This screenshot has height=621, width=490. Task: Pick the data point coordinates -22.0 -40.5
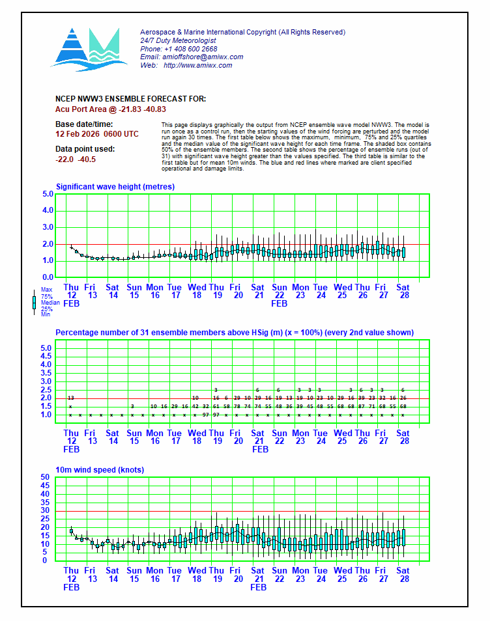click(76, 159)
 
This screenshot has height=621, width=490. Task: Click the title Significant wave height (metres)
click(115, 187)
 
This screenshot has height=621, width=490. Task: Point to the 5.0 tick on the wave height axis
click(48, 194)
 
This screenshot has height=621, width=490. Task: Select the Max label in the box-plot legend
click(46, 290)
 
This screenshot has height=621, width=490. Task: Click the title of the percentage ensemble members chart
click(234, 333)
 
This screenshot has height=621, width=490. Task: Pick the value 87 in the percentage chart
click(362, 406)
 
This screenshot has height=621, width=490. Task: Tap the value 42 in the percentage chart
click(195, 406)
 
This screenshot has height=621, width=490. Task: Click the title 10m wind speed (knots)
click(100, 470)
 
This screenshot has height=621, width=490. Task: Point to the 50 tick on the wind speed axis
click(46, 477)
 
